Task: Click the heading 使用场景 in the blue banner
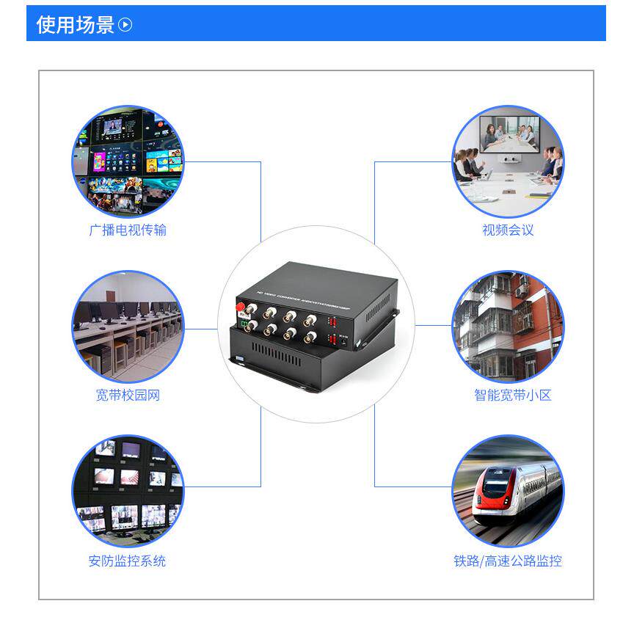point(76,25)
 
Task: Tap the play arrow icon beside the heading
point(125,25)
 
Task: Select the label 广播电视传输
point(128,230)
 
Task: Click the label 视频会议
point(508,230)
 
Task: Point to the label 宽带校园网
point(128,396)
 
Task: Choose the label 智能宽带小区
point(512,396)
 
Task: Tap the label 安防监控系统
point(128,561)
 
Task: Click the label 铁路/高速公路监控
point(508,561)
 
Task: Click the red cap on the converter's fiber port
point(240,305)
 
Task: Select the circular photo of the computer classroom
point(128,327)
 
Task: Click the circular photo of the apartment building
point(508,327)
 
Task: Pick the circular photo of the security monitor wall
point(128,492)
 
